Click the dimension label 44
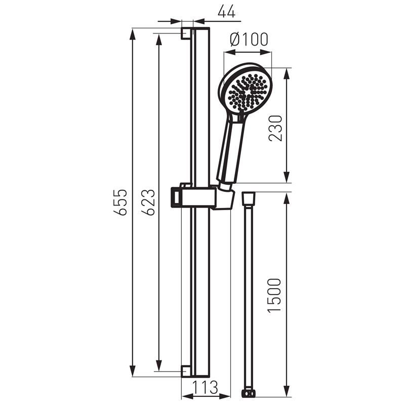click(x=226, y=12)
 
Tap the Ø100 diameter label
click(x=249, y=39)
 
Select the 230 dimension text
click(x=275, y=128)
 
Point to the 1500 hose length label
click(x=274, y=296)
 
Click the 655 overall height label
click(x=120, y=202)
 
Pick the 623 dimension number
click(x=148, y=202)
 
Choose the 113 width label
click(x=206, y=387)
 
